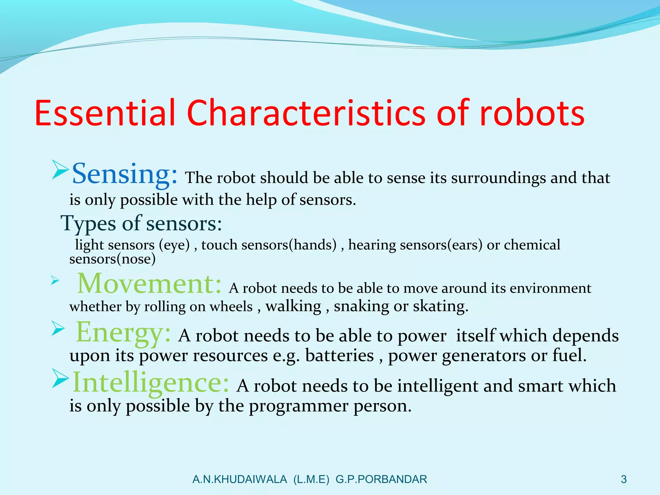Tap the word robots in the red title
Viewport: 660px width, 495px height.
[x=532, y=113]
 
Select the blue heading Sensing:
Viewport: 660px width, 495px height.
[x=124, y=174]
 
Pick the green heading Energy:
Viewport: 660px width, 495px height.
[x=123, y=333]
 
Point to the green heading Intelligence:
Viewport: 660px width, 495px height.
[x=151, y=383]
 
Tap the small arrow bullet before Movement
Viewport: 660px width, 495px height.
[x=55, y=281]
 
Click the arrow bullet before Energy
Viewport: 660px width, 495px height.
[x=58, y=329]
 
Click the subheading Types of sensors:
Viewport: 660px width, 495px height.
[x=141, y=224]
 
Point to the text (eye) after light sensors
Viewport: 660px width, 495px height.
[x=174, y=245]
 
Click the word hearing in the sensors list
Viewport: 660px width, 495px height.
[x=372, y=245]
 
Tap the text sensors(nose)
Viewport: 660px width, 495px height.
[x=112, y=259]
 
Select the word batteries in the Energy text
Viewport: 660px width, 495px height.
[x=339, y=356]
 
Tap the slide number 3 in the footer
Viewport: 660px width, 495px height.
[x=624, y=480]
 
